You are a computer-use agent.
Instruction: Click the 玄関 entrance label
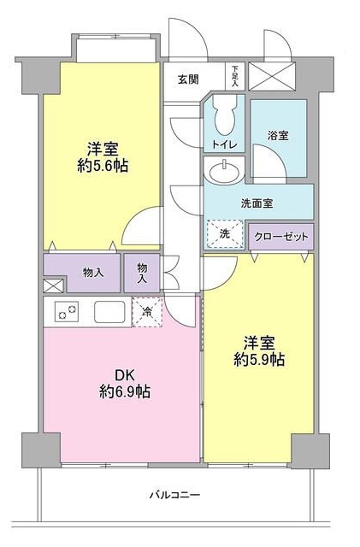coord(188,79)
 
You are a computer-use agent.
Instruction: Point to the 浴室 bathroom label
coord(278,135)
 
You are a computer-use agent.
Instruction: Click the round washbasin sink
coord(225,173)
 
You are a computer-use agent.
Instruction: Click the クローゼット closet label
coord(280,235)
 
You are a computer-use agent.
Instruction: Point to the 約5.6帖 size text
coord(101,166)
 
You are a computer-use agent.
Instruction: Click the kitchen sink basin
coord(110,312)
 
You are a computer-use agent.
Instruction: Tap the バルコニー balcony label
coord(174,495)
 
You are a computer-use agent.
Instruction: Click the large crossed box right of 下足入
coord(275,75)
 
